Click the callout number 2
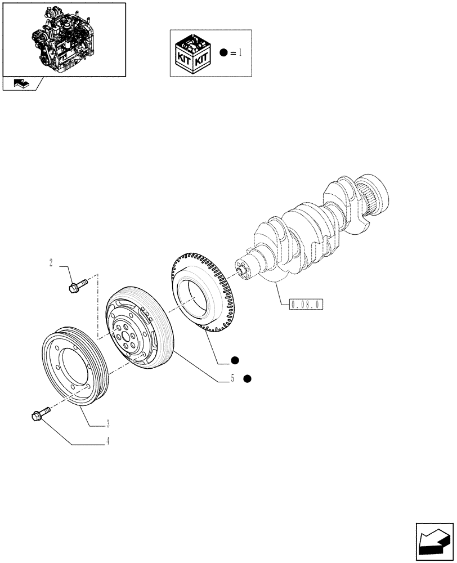coord(51,262)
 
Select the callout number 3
coord(107,423)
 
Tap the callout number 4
coord(107,442)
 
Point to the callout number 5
coord(231,379)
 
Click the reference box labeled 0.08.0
coord(306,305)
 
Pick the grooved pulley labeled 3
coord(73,366)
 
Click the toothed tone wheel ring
coord(200,293)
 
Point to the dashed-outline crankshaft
coord(315,231)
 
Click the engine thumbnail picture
coord(64,39)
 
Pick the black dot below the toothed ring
coord(234,360)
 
